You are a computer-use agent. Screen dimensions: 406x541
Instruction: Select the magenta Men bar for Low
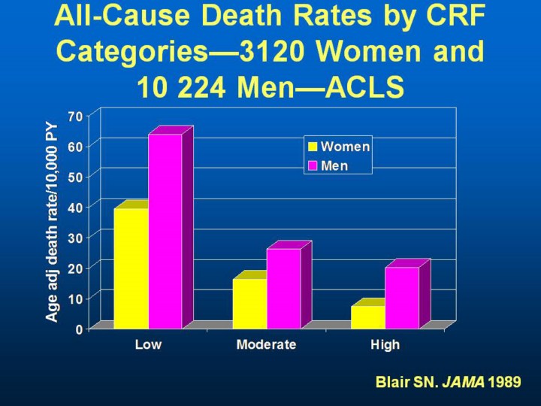tap(165, 231)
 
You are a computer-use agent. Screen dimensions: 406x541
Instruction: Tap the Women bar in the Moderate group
tap(249, 303)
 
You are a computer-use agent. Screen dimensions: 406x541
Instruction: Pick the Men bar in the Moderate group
tap(283, 288)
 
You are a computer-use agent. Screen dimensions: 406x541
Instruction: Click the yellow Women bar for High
tap(367, 317)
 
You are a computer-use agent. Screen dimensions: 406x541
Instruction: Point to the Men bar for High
tap(402, 298)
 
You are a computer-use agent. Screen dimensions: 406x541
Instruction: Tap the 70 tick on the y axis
tap(74, 117)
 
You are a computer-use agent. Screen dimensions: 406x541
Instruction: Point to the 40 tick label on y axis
tap(74, 207)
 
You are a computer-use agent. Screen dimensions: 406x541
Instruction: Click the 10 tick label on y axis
tap(74, 298)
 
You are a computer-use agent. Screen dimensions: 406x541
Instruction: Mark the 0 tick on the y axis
tap(78, 329)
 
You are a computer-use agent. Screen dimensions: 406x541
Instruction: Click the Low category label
tap(148, 345)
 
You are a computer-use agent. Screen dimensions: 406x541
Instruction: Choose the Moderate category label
tap(266, 345)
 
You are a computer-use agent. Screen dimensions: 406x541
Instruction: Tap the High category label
tap(385, 345)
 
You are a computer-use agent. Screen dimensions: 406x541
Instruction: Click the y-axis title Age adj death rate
tap(52, 222)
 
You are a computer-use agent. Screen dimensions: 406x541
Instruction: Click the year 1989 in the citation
tap(504, 382)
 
